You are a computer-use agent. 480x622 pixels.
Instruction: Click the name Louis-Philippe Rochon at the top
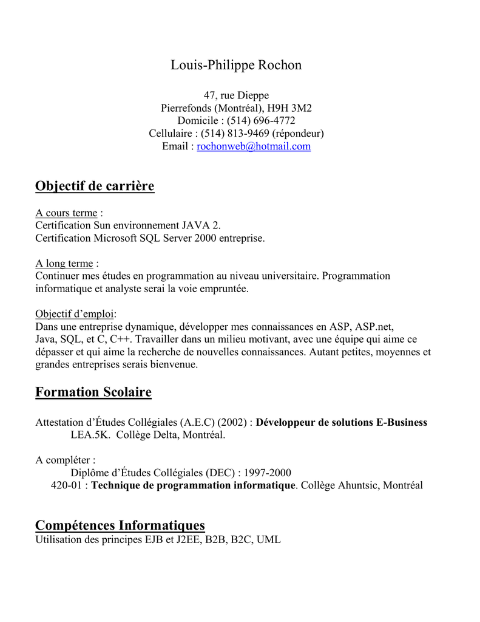pyautogui.click(x=236, y=65)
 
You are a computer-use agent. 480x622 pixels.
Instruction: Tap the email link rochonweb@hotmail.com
pyautogui.click(x=254, y=146)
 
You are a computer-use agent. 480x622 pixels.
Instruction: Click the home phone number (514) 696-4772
pyautogui.click(x=262, y=121)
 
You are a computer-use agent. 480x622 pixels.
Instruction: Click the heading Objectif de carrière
pyautogui.click(x=95, y=186)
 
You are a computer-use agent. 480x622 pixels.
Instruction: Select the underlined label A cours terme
pyautogui.click(x=66, y=213)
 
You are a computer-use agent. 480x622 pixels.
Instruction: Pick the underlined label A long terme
pyautogui.click(x=64, y=264)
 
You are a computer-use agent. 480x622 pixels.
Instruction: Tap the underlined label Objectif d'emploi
pyautogui.click(x=75, y=314)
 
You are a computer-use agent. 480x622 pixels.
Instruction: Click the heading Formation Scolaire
pyautogui.click(x=93, y=392)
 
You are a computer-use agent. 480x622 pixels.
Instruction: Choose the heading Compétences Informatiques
pyautogui.click(x=120, y=525)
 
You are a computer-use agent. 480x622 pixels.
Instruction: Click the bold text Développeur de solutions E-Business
pyautogui.click(x=342, y=423)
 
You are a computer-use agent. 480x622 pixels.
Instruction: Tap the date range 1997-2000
pyautogui.click(x=268, y=473)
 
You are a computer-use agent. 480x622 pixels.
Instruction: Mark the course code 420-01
pyautogui.click(x=67, y=485)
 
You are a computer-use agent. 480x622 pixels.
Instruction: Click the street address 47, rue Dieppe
pyautogui.click(x=236, y=95)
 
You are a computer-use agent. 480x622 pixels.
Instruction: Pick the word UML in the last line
pyautogui.click(x=269, y=539)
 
